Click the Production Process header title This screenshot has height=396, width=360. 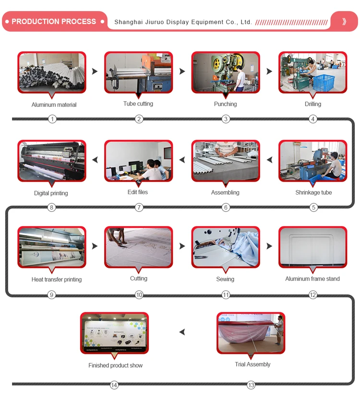tap(53, 22)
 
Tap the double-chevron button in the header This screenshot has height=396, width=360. tap(344, 22)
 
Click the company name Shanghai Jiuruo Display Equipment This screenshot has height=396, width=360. tap(183, 22)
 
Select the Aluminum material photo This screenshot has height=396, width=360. tap(52, 73)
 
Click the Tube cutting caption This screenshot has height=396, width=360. tap(138, 104)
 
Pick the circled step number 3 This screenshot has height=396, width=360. tap(226, 119)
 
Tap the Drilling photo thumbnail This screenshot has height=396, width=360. tap(312, 73)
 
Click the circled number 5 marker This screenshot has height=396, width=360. tap(313, 208)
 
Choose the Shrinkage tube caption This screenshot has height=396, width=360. tap(313, 193)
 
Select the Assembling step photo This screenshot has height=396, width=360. tap(226, 161)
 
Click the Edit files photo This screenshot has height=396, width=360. tap(138, 161)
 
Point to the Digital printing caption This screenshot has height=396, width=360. tap(51, 193)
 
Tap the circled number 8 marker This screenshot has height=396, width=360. tap(52, 208)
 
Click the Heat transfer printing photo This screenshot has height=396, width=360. tap(52, 247)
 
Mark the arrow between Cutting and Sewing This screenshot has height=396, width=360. tap(182, 246)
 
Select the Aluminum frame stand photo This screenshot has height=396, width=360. tap(312, 247)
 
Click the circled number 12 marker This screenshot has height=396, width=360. tap(313, 295)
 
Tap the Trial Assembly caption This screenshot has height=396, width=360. tap(252, 364)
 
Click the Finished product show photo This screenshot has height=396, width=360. tap(115, 333)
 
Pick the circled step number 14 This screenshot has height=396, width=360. tap(114, 385)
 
